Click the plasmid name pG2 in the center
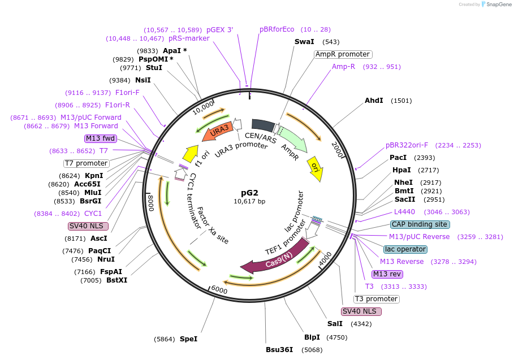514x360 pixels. coord(249,192)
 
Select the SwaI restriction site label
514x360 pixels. coord(305,42)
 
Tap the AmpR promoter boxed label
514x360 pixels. coord(343,54)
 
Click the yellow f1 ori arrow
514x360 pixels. coord(191,153)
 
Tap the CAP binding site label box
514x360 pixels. coord(420,224)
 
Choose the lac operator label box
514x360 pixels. coord(405,249)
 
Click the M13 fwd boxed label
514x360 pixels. coord(100,138)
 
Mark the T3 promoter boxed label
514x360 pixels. coord(377,299)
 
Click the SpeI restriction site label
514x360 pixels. coord(189,339)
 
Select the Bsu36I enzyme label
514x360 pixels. coord(279,349)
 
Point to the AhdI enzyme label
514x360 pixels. coord(374,101)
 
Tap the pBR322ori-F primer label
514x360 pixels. coord(407,145)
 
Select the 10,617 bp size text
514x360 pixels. coord(249,201)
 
